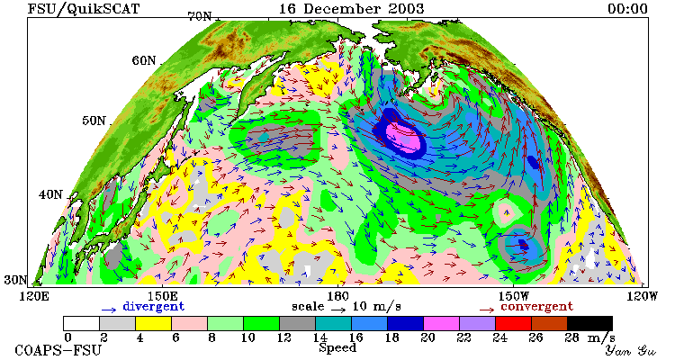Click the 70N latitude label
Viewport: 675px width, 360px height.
200,16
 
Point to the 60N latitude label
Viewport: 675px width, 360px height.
144,60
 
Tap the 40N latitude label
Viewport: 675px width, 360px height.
50,194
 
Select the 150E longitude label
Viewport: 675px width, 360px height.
162,296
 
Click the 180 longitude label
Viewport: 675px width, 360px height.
337,296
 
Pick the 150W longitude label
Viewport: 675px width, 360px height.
514,296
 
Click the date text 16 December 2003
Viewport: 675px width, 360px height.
351,9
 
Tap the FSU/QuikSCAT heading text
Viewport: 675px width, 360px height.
84,9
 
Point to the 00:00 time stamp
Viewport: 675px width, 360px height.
627,9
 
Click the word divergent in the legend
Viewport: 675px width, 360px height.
154,306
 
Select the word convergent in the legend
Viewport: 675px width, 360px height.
536,306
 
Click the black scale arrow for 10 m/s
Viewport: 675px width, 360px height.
338,309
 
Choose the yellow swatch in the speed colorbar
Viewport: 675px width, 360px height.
153,323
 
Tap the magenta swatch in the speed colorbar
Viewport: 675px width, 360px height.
441,323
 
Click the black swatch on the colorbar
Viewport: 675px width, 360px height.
589,323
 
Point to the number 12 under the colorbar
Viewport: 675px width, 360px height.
284,337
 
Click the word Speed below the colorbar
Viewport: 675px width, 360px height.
337,347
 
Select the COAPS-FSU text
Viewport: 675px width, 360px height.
58,350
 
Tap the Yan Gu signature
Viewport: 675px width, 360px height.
630,350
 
